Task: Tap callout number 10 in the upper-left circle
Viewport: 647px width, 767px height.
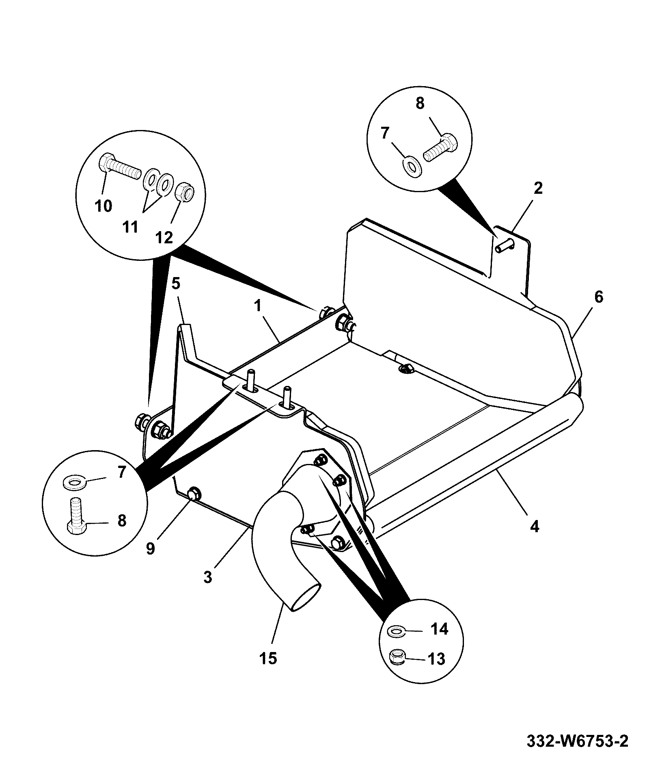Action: point(104,206)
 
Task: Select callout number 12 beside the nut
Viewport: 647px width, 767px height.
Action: point(164,237)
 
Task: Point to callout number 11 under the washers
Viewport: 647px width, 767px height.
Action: point(130,227)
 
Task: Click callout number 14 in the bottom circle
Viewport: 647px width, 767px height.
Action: point(439,629)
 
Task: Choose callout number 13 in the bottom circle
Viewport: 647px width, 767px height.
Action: point(436,659)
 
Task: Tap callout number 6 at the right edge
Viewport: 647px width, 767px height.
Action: point(599,297)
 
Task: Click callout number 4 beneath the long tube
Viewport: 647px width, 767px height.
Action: point(535,526)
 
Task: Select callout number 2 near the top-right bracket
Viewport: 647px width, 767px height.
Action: point(538,188)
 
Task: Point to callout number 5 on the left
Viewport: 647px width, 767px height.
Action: point(175,283)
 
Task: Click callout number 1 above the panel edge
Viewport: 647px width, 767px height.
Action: point(258,305)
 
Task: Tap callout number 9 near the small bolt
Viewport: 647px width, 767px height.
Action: point(150,549)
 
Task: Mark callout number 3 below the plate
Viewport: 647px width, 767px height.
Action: point(208,577)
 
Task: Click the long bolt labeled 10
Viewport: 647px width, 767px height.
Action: point(119,167)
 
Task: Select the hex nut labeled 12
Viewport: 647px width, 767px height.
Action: point(186,191)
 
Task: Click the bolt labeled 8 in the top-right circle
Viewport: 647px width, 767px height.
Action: point(440,148)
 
